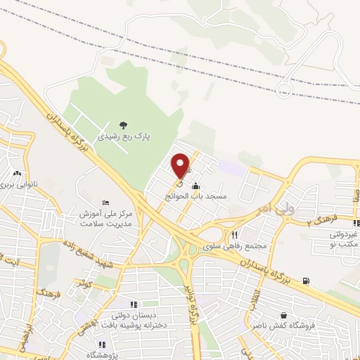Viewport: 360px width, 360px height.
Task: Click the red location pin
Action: pos(181,165)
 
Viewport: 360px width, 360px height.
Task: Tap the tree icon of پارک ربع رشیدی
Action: pos(123,124)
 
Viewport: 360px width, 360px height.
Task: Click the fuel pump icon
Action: pos(305,281)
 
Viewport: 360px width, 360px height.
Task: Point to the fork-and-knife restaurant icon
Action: pos(235,235)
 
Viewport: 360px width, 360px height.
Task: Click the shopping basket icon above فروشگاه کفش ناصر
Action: pos(283,316)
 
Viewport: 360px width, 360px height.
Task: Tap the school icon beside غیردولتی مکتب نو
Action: pos(356,223)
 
